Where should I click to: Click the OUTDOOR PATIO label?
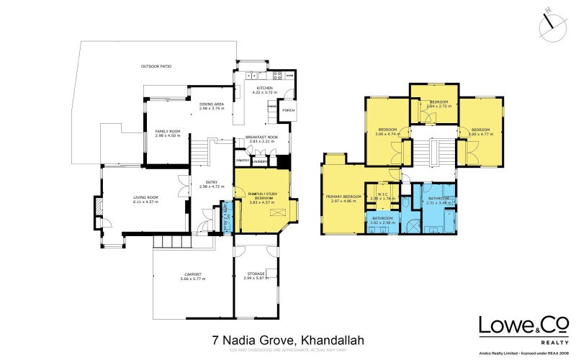click(156, 66)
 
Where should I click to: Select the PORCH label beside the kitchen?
click(288, 110)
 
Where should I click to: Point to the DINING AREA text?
click(212, 104)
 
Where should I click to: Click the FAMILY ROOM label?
click(168, 131)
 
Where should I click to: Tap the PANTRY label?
click(242, 161)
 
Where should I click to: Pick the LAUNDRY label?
click(260, 161)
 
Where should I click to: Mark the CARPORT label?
click(192, 274)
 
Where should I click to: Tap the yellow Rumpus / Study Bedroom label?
click(261, 197)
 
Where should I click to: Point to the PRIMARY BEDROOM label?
click(342, 197)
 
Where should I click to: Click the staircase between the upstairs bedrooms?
click(434, 156)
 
